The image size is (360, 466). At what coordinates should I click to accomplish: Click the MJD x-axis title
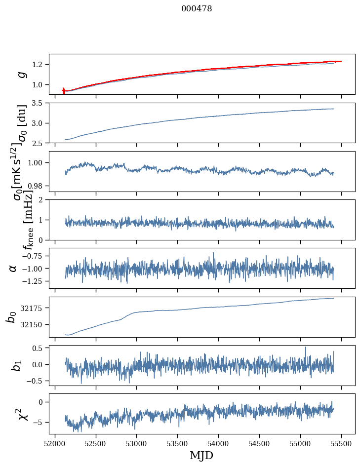tap(201, 455)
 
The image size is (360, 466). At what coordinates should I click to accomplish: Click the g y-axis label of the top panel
tap(21, 74)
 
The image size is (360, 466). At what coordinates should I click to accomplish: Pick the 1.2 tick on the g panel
tap(38, 65)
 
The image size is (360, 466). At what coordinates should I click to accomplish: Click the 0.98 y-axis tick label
tap(36, 186)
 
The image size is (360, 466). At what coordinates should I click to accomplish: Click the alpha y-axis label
tap(12, 268)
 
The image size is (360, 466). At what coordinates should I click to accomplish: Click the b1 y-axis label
tap(17, 365)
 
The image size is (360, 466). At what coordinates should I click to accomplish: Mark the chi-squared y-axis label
tap(20, 414)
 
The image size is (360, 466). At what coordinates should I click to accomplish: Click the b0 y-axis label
tap(11, 316)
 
